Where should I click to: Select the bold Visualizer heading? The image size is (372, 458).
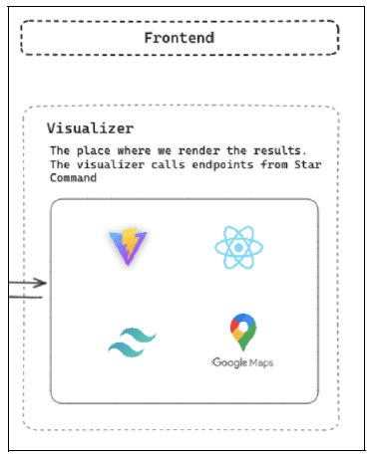tap(90, 129)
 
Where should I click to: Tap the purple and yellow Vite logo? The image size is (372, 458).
tap(128, 247)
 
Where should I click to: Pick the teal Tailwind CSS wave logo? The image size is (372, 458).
tap(132, 343)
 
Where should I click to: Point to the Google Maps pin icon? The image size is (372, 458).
tap(241, 332)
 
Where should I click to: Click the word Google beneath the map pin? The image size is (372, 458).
tap(229, 362)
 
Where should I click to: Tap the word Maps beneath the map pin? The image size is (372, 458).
tap(260, 362)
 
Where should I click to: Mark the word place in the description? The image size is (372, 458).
tap(94, 150)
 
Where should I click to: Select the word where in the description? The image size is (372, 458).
tap(133, 150)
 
